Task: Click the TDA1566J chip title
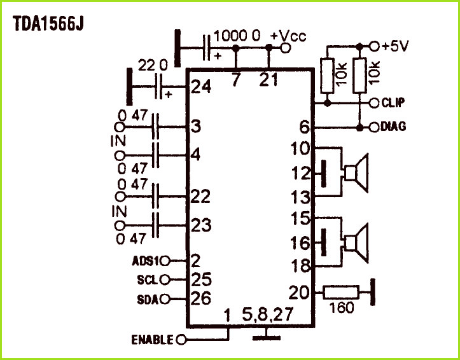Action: click(x=48, y=24)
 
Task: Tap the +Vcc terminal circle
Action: click(x=285, y=48)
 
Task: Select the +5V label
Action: click(x=395, y=46)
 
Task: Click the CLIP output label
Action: click(x=393, y=102)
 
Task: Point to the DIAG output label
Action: click(x=393, y=127)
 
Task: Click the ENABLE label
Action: click(x=152, y=340)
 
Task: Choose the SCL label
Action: click(x=148, y=280)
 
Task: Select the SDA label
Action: click(x=148, y=300)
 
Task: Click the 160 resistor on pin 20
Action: click(x=340, y=293)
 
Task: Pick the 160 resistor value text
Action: click(x=342, y=308)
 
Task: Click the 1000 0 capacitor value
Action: click(x=237, y=36)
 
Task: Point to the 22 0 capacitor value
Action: click(x=153, y=66)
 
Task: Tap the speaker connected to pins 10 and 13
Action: click(x=356, y=172)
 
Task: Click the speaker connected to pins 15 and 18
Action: click(x=356, y=244)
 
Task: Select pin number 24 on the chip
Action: click(x=201, y=87)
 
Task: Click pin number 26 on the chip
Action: click(x=201, y=299)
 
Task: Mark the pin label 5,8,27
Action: click(x=268, y=315)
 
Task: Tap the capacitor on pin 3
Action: click(x=156, y=127)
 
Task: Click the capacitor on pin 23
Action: click(x=156, y=225)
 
